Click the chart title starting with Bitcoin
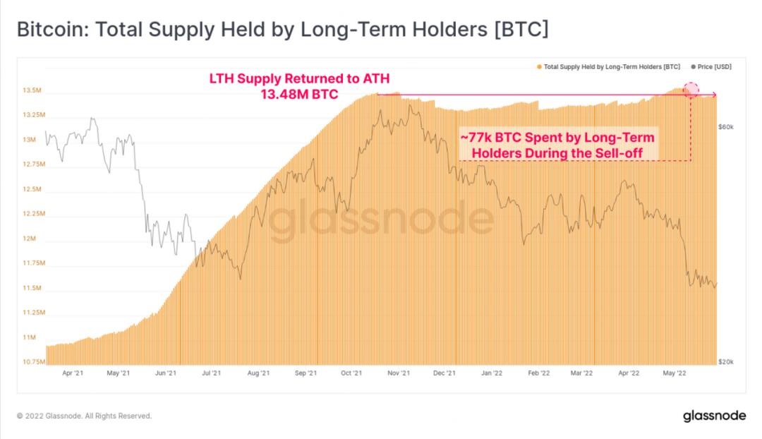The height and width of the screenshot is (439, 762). coord(282,30)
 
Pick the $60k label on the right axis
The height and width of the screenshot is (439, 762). coord(726,127)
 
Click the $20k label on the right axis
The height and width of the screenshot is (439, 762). coord(726,361)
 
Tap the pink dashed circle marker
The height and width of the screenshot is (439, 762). coord(691,90)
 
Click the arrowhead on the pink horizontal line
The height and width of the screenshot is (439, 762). coord(714,95)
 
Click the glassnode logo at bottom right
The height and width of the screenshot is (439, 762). coord(714,416)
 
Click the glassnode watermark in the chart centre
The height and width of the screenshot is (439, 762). coord(381,220)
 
